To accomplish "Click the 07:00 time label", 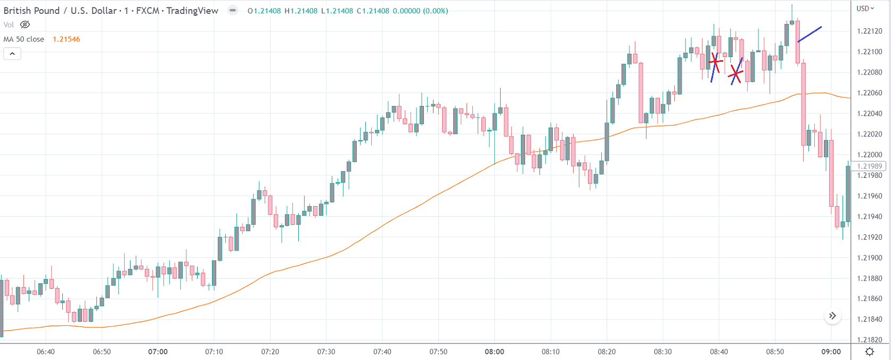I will tap(158, 351).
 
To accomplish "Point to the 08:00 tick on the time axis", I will tap(494, 351).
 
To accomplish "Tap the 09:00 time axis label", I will tap(831, 351).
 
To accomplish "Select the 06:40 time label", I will tap(46, 351).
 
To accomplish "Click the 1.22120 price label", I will tap(869, 31).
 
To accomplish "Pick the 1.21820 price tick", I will tap(869, 340).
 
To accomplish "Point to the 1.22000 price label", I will tap(869, 154).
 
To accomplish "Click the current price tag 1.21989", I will tap(869, 166).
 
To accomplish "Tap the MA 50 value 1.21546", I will tap(67, 39).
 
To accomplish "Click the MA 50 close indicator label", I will tap(24, 39).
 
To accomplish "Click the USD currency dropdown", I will tap(865, 9).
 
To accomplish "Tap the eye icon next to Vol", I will tap(25, 24).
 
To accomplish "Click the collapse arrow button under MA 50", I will tap(12, 53).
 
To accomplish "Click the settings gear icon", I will tap(870, 351).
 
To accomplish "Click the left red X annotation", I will tap(715, 62).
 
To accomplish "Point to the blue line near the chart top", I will tap(810, 34).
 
